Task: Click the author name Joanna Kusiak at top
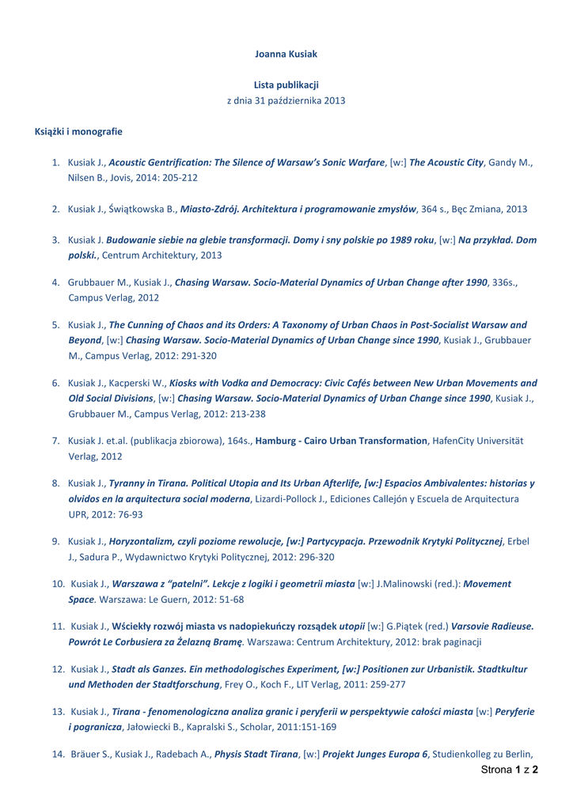pyautogui.click(x=286, y=54)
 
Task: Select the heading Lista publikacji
pyautogui.click(x=286, y=85)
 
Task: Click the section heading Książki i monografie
pyautogui.click(x=78, y=131)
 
